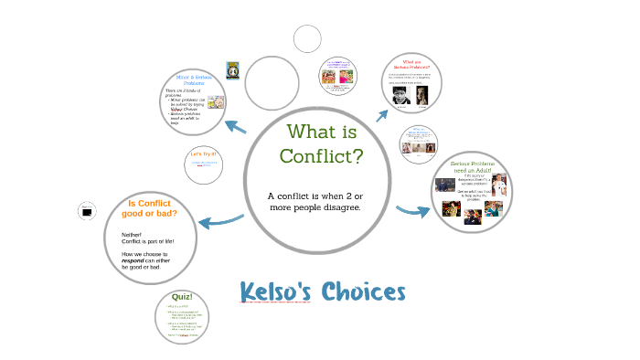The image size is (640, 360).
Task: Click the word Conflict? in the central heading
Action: point(321,155)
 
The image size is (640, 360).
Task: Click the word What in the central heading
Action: point(309,131)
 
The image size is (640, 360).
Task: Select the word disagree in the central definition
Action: point(337,207)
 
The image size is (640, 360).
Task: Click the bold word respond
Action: point(133,260)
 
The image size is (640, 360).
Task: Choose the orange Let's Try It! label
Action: point(203,154)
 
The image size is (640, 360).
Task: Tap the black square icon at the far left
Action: point(87,212)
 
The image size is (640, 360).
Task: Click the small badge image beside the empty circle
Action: point(233,70)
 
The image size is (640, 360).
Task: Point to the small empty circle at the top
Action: point(307,39)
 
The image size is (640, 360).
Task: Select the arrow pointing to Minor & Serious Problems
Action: point(236,126)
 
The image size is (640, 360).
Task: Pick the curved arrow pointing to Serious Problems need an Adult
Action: point(413,212)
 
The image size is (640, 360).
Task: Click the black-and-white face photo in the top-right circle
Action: point(400,96)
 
